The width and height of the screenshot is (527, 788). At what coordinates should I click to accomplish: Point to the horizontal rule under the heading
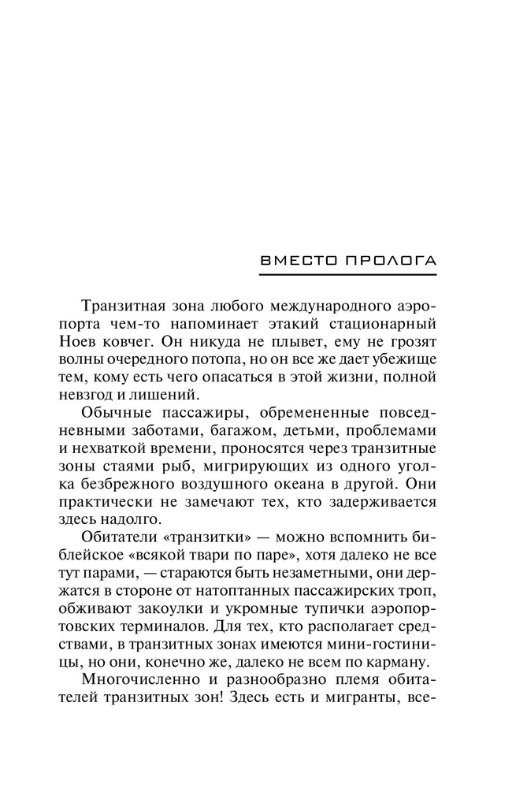tap(347, 274)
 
